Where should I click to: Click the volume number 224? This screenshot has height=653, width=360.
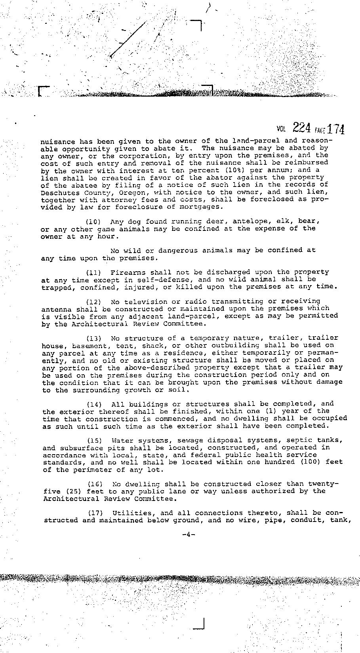click(x=301, y=128)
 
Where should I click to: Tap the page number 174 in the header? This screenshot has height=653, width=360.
click(x=336, y=129)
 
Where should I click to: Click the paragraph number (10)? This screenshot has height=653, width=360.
click(x=94, y=221)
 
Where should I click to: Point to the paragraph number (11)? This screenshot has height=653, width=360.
click(x=94, y=272)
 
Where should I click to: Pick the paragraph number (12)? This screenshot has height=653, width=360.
click(x=94, y=301)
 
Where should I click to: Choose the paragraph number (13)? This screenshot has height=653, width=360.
click(x=94, y=338)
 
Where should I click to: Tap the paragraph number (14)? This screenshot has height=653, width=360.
click(x=95, y=404)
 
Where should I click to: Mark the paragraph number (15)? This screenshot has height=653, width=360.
click(x=95, y=440)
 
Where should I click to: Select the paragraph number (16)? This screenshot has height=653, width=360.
click(x=95, y=484)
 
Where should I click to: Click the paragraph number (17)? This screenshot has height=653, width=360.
click(x=95, y=513)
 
